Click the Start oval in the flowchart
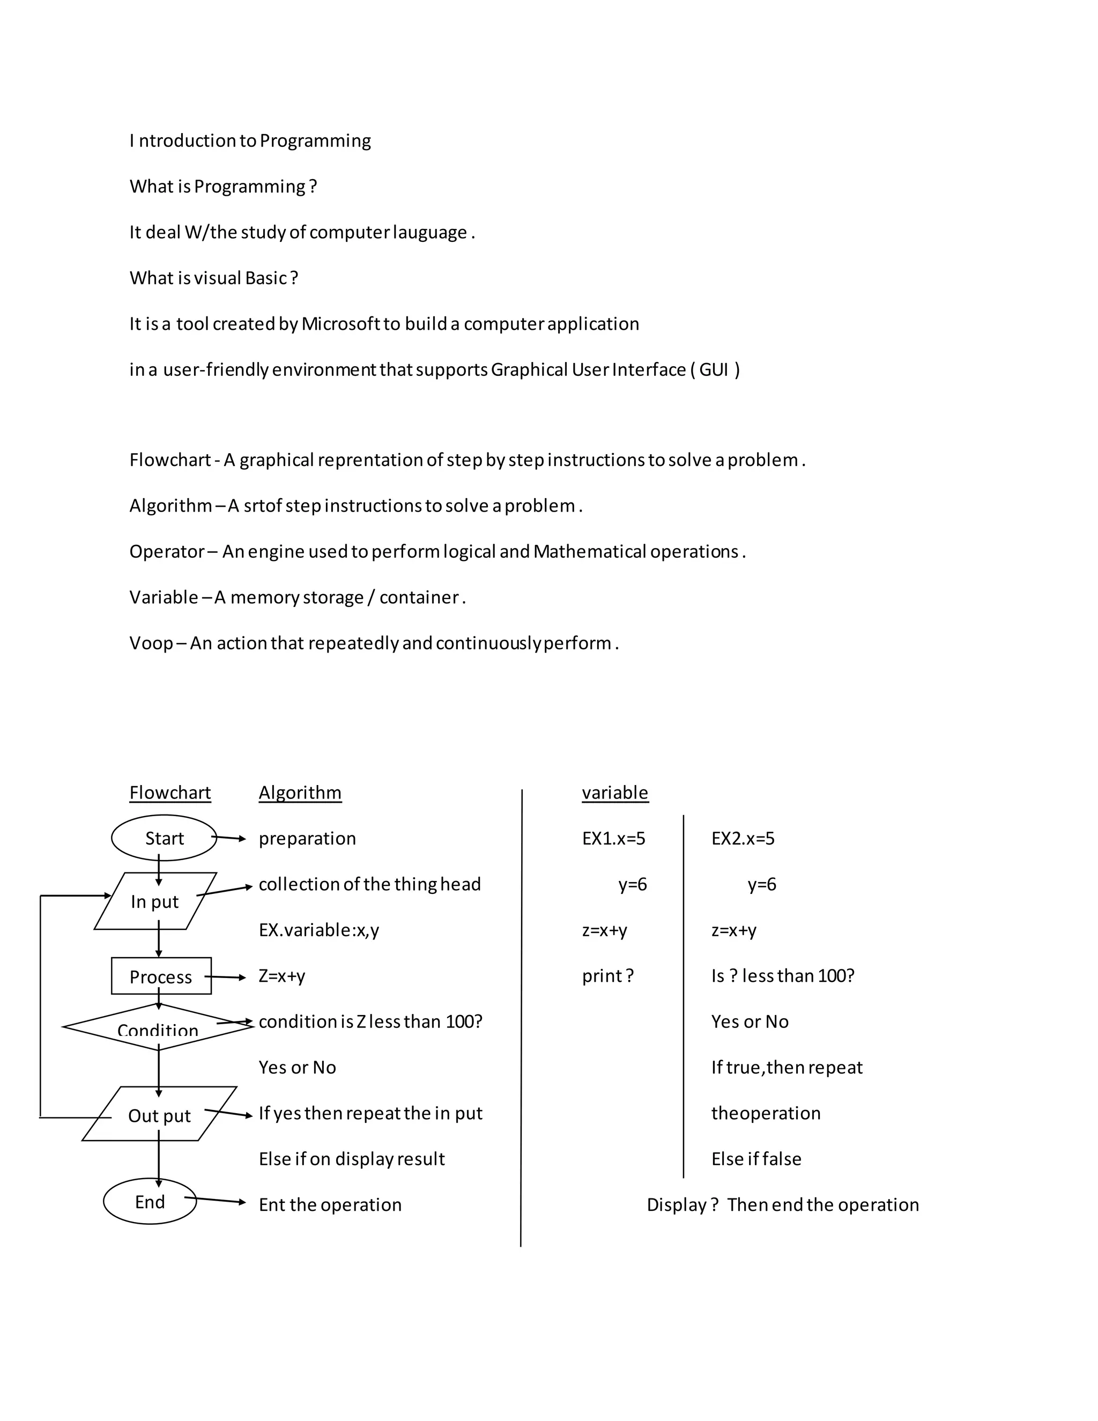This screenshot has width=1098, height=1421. coord(164,838)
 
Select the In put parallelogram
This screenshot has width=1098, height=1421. coord(155,901)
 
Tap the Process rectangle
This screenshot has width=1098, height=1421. coord(161,976)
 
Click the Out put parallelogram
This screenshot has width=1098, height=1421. coord(159,1115)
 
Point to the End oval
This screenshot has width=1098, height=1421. coord(150,1202)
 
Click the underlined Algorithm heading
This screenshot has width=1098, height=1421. coord(300,793)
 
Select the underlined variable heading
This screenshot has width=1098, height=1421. coord(615,793)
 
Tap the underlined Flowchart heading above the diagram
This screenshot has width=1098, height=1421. coord(170,793)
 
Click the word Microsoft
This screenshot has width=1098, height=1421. coord(340,324)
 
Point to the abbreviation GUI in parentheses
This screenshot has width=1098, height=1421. coord(714,369)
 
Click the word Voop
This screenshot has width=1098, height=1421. coord(151,643)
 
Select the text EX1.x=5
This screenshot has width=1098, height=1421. coord(613,838)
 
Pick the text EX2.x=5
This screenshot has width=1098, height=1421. coord(743,838)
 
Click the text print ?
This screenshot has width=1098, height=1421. coord(607,976)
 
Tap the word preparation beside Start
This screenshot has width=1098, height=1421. coord(307,838)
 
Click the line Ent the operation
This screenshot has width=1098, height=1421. coord(330,1205)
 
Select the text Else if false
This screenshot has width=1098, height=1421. coord(756,1159)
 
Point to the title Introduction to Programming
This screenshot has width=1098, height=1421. coord(250,140)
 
